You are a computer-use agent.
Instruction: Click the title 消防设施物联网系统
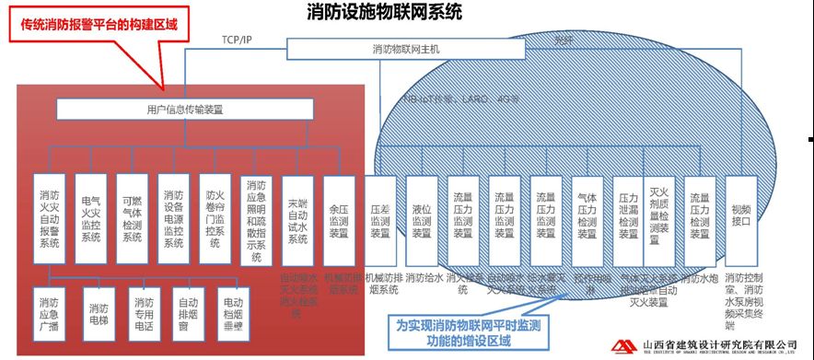pyautogui.click(x=384, y=12)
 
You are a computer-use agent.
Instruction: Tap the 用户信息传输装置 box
pyautogui.click(x=185, y=110)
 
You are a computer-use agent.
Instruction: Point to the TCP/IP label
pyautogui.click(x=237, y=40)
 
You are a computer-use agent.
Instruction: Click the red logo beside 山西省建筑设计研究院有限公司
pyautogui.click(x=626, y=345)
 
